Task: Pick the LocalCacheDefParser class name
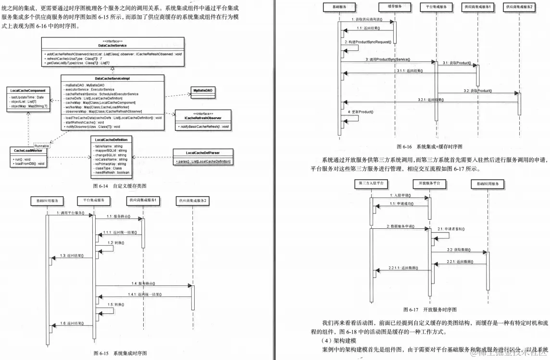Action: click(x=203, y=152)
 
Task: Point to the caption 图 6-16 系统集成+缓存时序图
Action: click(x=429, y=147)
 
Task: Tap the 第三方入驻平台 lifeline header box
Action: click(x=370, y=184)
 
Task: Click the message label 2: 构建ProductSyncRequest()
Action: click(x=368, y=42)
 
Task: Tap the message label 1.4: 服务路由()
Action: click(x=143, y=283)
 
